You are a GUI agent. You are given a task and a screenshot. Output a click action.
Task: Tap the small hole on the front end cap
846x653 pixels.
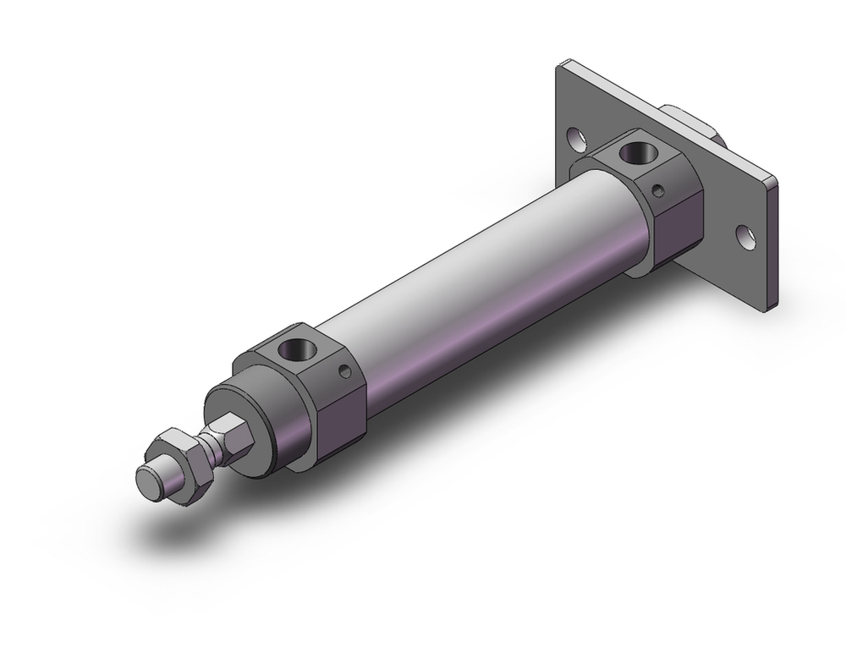click(342, 370)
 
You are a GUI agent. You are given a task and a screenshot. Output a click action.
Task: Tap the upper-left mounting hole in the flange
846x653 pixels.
click(574, 135)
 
